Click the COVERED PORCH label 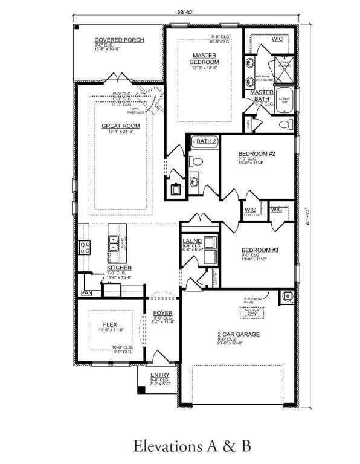point(119,40)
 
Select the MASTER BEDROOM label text point(204,59)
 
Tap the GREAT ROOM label point(120,126)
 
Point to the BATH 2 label point(205,141)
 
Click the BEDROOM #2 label point(257,154)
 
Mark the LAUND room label point(192,241)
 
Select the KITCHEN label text point(119,268)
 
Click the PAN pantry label point(86,294)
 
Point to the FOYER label point(162,313)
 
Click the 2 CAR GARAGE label point(239,333)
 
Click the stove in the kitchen point(84,247)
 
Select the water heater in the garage point(287,297)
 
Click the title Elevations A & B point(191,446)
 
